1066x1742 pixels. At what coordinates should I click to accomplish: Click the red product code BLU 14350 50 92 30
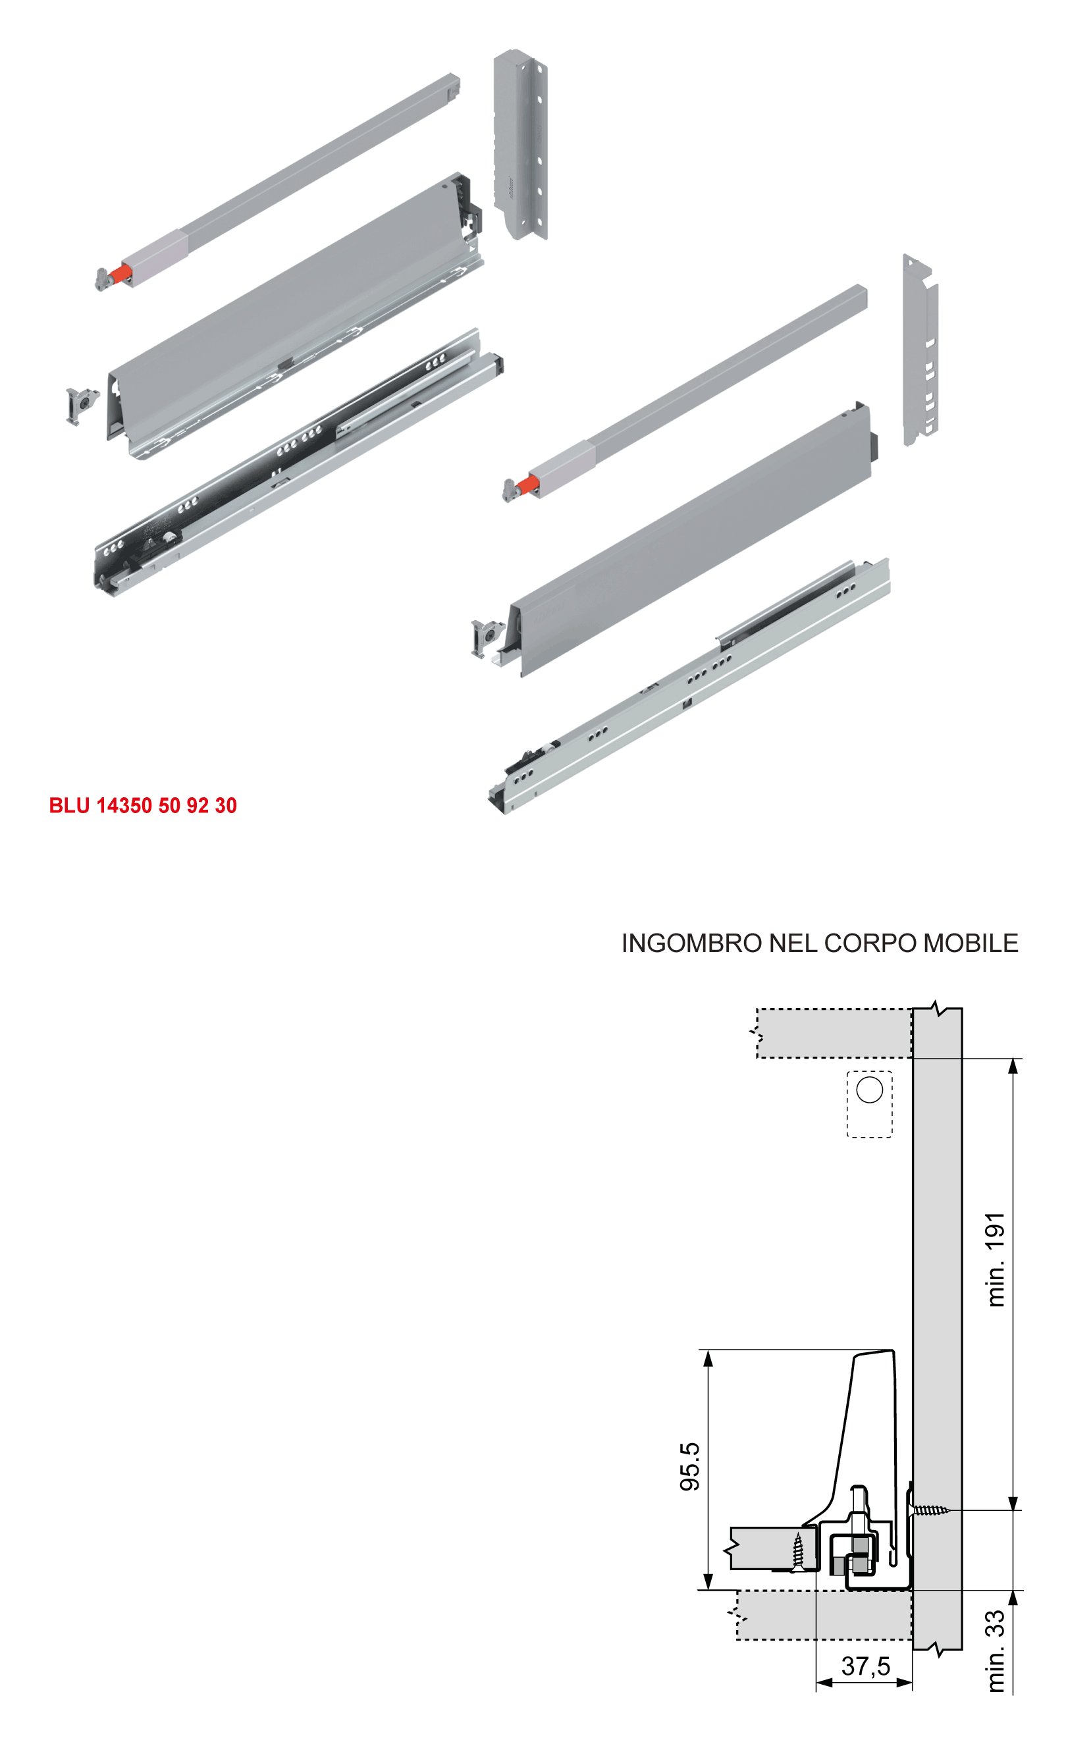pos(143,805)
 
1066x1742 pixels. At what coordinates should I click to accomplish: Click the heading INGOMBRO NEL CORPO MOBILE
pos(820,943)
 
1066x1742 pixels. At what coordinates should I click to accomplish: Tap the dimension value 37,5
pos(866,1666)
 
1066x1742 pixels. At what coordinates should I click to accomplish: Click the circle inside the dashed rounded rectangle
pos(870,1090)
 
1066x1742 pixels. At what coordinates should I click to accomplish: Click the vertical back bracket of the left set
pos(520,145)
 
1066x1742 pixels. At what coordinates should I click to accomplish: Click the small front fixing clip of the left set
pos(82,406)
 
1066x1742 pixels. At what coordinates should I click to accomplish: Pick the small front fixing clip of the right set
pos(487,638)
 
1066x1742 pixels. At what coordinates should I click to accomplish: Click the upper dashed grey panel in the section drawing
pos(834,1034)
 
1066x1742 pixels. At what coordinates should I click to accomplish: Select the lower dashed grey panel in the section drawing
pos(824,1616)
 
